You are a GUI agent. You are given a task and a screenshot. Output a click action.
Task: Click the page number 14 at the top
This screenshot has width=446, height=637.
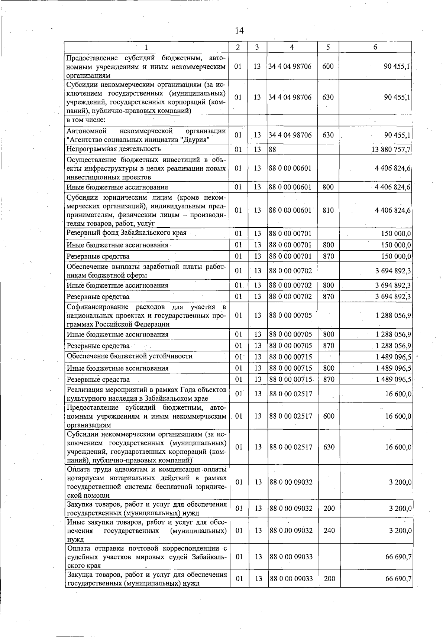pyautogui.click(x=239, y=30)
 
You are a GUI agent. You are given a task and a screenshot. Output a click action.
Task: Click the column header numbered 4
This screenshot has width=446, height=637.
pyautogui.click(x=292, y=47)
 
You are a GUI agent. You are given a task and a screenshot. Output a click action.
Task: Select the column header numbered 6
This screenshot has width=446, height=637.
pyautogui.click(x=375, y=47)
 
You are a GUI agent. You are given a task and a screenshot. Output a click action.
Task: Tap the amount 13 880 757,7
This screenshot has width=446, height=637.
pyautogui.click(x=388, y=149)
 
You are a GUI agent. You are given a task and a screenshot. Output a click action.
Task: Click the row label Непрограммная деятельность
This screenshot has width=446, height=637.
pyautogui.click(x=114, y=149)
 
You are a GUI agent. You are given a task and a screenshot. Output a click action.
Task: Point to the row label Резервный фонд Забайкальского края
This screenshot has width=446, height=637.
pyautogui.click(x=126, y=233)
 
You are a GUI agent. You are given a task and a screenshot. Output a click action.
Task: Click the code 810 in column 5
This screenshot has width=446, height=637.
pyautogui.click(x=328, y=210)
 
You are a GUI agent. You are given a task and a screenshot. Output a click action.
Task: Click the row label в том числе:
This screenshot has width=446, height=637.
pyautogui.click(x=86, y=120)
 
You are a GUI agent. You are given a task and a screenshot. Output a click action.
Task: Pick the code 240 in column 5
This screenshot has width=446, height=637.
pyautogui.click(x=329, y=530)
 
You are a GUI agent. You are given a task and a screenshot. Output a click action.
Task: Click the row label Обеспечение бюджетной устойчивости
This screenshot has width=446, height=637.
pyautogui.click(x=130, y=356)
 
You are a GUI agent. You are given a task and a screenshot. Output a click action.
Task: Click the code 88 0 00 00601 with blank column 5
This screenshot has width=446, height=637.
pyautogui.click(x=290, y=168)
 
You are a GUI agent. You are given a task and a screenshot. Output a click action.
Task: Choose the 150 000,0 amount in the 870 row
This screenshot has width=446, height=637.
pyautogui.click(x=396, y=256)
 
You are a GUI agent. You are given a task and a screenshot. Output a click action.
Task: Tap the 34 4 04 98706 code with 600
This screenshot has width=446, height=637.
pyautogui.click(x=290, y=66)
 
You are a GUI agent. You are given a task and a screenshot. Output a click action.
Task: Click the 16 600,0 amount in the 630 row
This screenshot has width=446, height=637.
pyautogui.click(x=398, y=447)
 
